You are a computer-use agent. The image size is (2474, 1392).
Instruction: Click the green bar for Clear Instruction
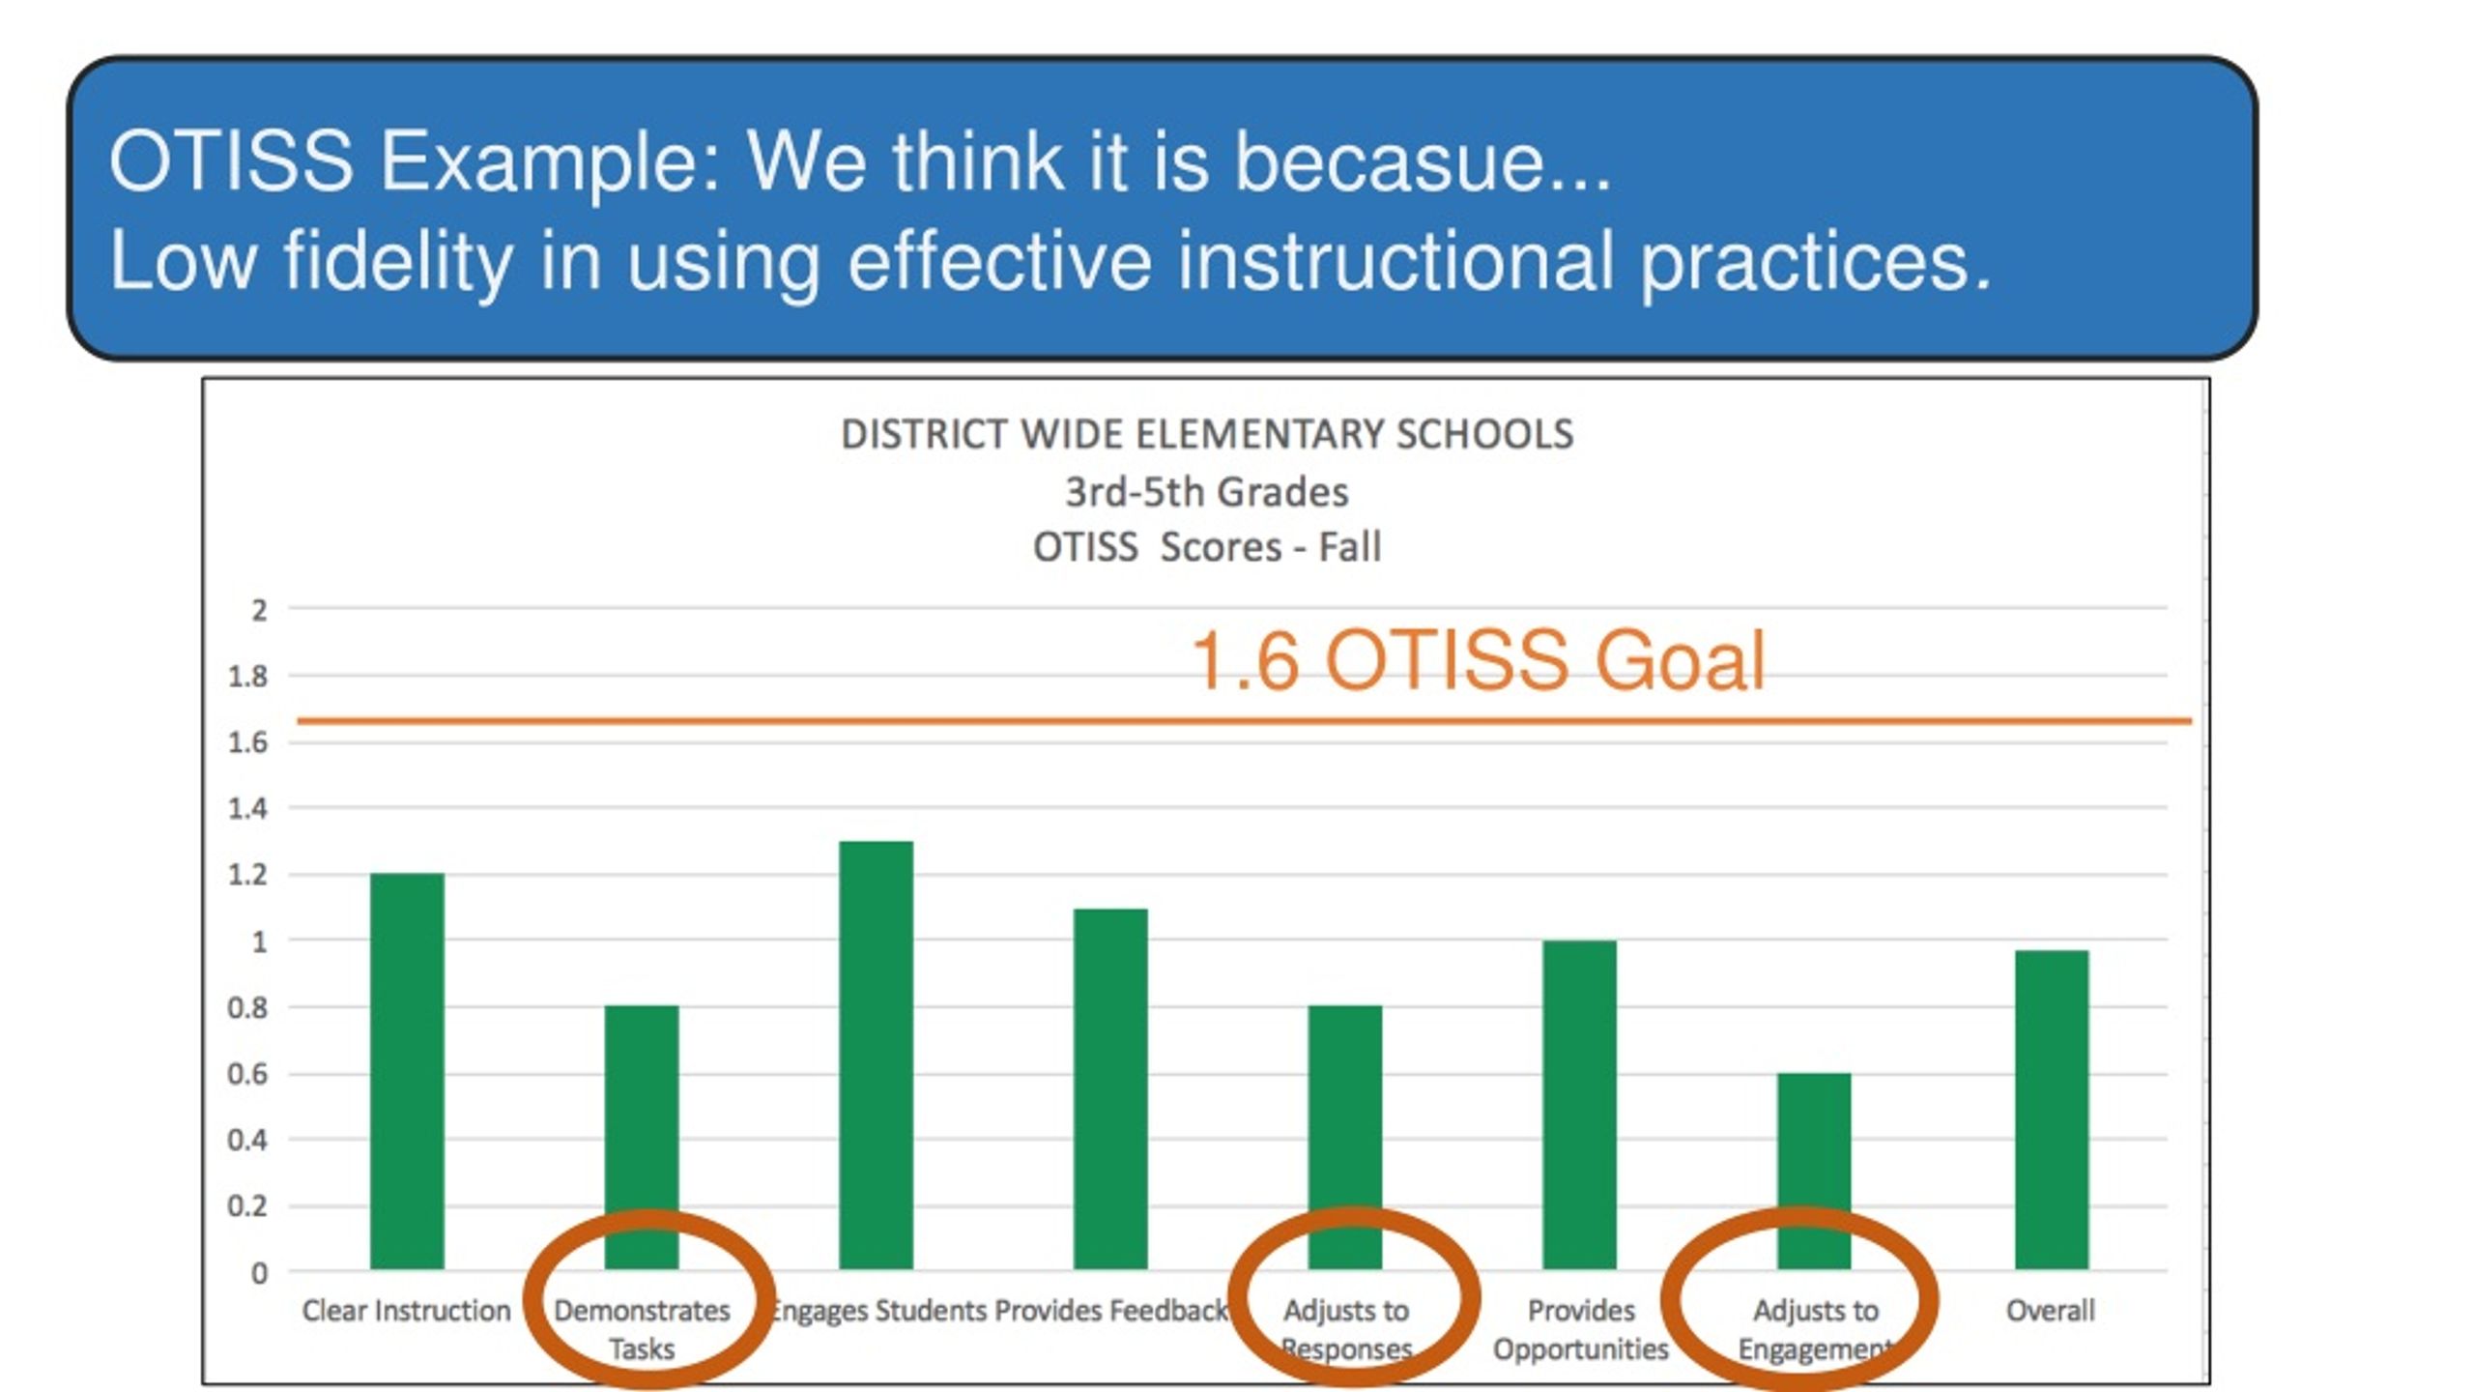coord(407,1071)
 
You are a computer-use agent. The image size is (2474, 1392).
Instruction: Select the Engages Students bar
coord(876,1055)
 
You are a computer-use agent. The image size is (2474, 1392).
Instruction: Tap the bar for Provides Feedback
coord(1110,1088)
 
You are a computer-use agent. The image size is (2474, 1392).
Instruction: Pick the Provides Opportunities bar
coord(1579,1105)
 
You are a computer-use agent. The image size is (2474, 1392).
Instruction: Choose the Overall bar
coord(2052,1110)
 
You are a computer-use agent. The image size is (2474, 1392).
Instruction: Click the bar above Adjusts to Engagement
coord(1814,1171)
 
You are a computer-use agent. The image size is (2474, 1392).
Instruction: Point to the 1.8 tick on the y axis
coord(248,677)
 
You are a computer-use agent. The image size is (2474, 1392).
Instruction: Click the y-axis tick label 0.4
coord(248,1141)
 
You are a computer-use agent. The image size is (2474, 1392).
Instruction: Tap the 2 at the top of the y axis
coord(259,610)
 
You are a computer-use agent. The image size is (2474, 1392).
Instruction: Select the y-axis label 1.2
coord(248,875)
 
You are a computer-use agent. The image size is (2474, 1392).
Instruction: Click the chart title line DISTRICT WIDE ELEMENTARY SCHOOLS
coord(1207,434)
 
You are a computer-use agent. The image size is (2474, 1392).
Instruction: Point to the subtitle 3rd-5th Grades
coord(1207,492)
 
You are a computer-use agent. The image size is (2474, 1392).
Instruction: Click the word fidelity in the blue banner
coord(397,262)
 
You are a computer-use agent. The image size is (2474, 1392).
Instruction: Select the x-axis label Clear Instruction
coord(406,1311)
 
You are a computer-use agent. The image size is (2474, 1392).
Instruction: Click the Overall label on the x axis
coord(2051,1311)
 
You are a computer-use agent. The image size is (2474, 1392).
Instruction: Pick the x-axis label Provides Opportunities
coord(1581,1329)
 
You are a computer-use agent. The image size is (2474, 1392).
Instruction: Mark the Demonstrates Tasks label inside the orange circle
coord(642,1329)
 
